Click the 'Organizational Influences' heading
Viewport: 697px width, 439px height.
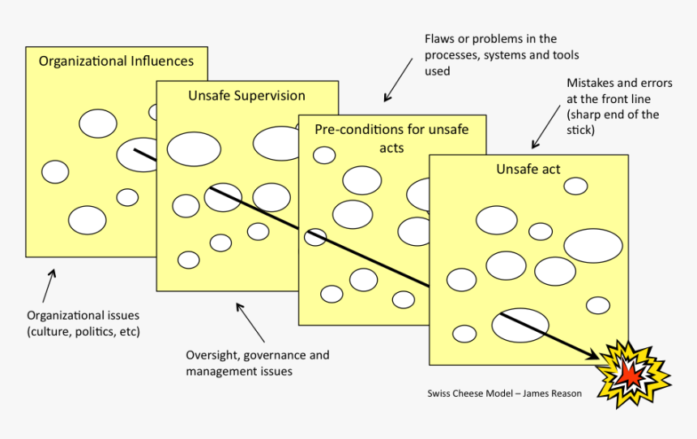coord(116,61)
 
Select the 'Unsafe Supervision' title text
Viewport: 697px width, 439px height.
coord(246,96)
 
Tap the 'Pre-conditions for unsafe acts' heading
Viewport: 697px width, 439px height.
coord(391,138)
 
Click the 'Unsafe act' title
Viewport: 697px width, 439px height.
coord(528,170)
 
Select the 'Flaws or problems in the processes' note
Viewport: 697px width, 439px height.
coord(490,54)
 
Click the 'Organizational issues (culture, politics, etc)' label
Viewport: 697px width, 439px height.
coord(83,323)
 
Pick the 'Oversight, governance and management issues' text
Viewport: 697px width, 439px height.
coord(257,363)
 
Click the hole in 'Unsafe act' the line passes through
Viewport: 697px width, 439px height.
coord(520,325)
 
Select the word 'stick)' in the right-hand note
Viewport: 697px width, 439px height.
coord(583,129)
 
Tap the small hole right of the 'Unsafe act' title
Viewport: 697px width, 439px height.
coord(575,186)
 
